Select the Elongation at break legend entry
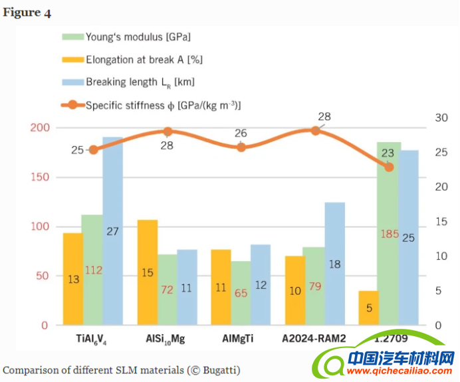(144, 60)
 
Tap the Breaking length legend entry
(140, 82)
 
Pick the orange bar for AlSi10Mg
(148, 272)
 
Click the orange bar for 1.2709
(368, 308)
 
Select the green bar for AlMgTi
(241, 293)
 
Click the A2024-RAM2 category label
(314, 339)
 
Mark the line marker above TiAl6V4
(93, 149)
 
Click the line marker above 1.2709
(389, 167)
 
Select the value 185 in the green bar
(390, 234)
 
